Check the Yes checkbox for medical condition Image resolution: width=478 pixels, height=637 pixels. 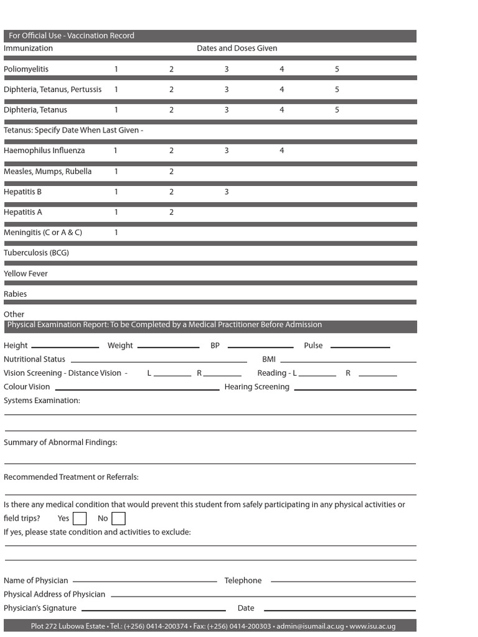tap(80, 518)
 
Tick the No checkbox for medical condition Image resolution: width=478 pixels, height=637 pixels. tap(118, 518)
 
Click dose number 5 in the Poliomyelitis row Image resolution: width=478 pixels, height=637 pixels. tap(337, 69)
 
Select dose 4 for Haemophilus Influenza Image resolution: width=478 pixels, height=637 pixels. tap(282, 151)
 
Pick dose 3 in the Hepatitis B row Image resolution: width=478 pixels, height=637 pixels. tap(227, 192)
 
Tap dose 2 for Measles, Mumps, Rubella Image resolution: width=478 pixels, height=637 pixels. tap(172, 171)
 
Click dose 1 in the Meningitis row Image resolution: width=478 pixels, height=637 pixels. tap(116, 232)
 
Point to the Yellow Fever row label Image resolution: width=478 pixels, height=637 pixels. tap(26, 274)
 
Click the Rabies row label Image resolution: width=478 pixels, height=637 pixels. tap(16, 294)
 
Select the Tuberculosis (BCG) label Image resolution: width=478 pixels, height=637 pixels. tap(36, 253)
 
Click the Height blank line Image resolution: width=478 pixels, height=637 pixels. tap(65, 346)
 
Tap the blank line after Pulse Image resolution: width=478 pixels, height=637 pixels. tap(360, 346)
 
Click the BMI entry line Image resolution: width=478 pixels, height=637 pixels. tap(348, 361)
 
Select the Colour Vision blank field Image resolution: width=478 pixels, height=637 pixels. tap(137, 389)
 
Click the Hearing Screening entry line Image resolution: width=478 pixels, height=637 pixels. tap(355, 389)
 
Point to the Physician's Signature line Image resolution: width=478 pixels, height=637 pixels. tap(153, 610)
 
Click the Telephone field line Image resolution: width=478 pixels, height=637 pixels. tap(343, 581)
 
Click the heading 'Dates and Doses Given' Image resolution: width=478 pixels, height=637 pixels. tap(237, 49)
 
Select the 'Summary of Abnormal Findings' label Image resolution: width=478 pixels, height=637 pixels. tap(60, 442)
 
